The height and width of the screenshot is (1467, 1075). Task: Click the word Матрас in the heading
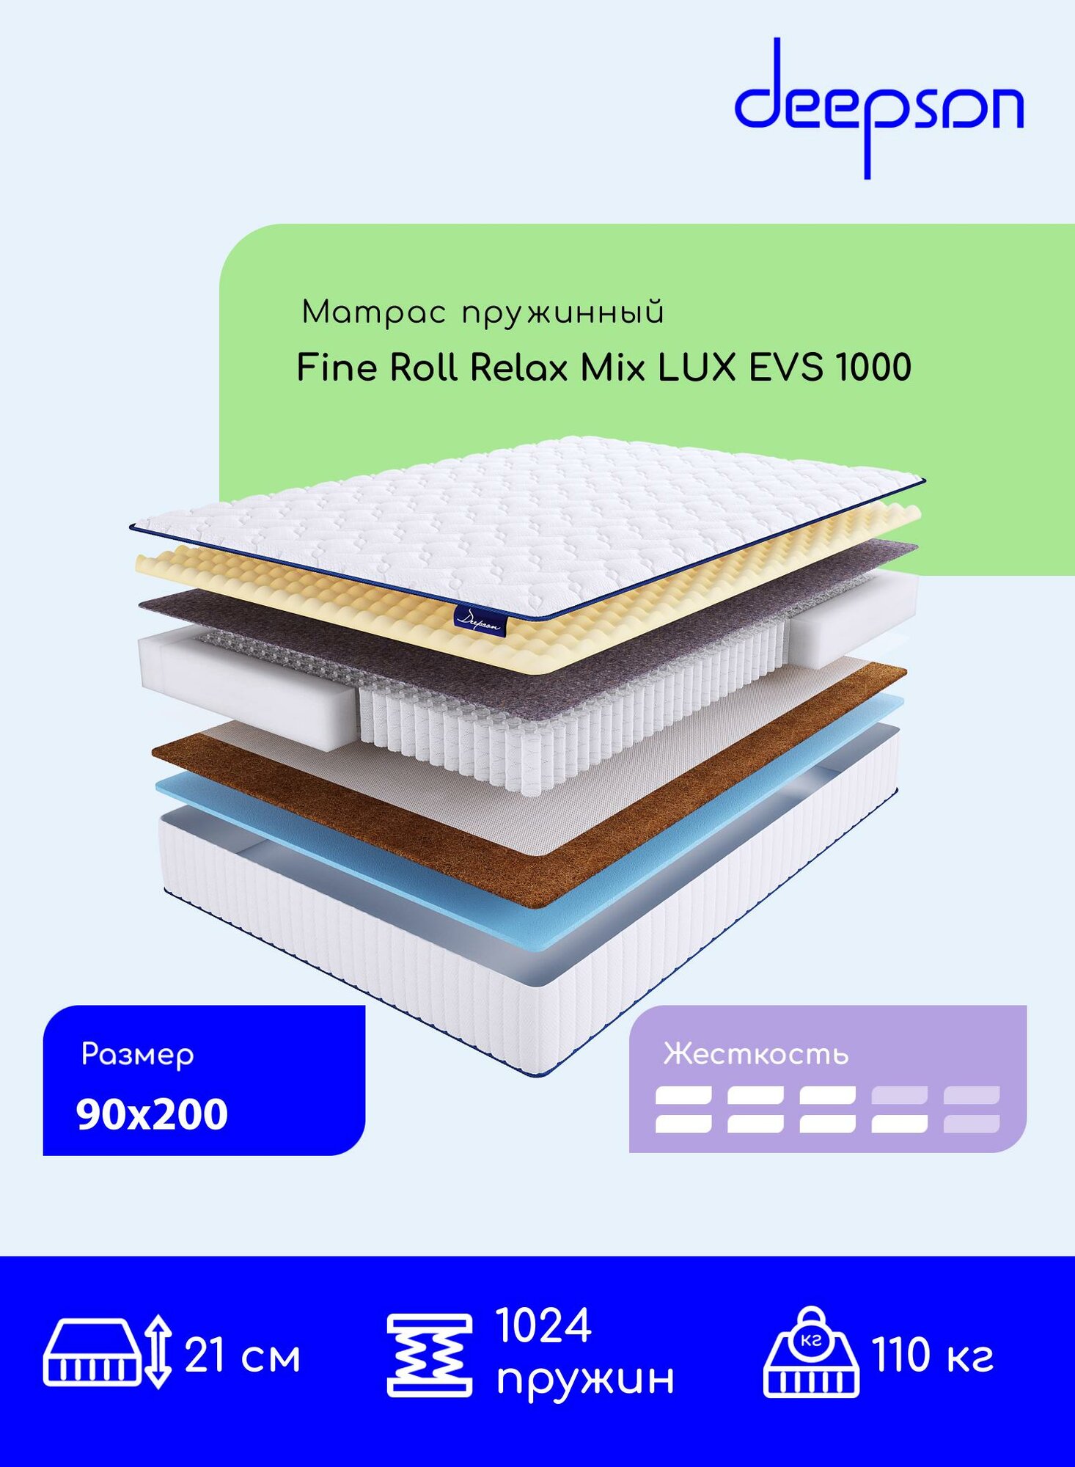pos(373,313)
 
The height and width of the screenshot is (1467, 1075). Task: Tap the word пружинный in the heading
pos(562,313)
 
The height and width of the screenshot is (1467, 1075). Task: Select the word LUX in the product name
pos(696,367)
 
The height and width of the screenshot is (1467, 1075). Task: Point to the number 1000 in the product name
pos(873,367)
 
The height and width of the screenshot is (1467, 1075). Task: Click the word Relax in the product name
pos(518,367)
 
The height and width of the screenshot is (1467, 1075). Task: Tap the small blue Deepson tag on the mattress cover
pos(480,621)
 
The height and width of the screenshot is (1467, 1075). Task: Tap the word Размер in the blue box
pos(137,1055)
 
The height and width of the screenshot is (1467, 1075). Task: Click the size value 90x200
pos(152,1114)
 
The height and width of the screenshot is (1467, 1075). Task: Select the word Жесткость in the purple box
pos(755,1054)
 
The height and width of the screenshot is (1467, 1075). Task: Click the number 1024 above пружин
pos(543,1326)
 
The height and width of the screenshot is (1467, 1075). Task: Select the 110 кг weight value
pos(932,1355)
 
